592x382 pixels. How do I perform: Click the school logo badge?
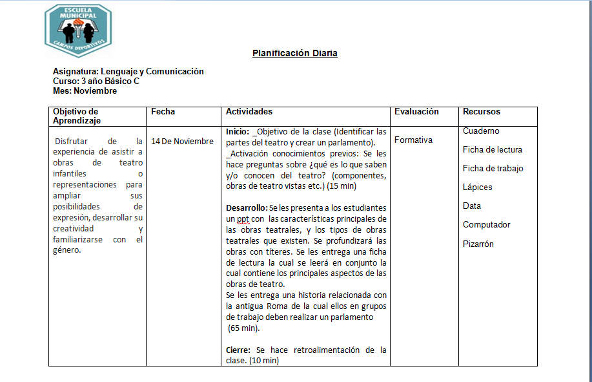[78, 30]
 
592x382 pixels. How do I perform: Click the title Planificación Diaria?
[294, 54]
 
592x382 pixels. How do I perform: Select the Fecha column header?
[163, 112]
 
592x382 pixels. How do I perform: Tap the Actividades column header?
[249, 112]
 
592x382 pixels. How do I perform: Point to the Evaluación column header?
[416, 112]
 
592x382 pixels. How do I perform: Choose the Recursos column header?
[481, 112]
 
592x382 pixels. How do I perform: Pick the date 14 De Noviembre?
[182, 142]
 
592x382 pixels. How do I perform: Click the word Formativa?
[413, 140]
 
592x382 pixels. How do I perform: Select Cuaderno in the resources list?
[481, 131]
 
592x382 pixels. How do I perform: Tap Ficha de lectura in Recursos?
[493, 150]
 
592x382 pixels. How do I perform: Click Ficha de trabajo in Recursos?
[493, 169]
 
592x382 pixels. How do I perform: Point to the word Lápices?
[477, 187]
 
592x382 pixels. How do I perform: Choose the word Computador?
[486, 225]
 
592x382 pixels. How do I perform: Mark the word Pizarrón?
[478, 244]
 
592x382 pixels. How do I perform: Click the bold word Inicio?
[238, 132]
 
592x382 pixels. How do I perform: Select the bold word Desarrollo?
[246, 208]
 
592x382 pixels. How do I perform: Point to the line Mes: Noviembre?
[85, 91]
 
